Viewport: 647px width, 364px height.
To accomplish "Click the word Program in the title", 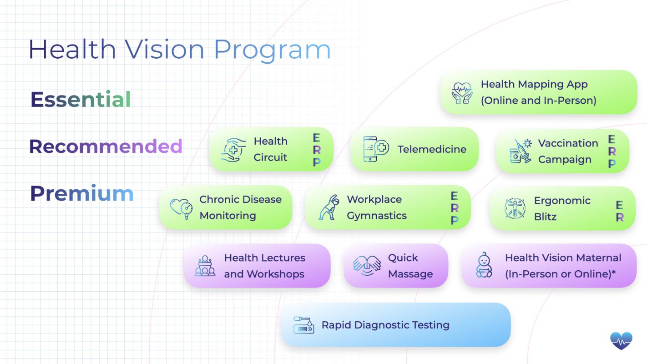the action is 272,50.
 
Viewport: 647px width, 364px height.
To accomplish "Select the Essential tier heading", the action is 81,99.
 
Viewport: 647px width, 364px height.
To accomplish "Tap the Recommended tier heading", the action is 106,146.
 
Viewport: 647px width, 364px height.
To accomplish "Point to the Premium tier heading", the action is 82,193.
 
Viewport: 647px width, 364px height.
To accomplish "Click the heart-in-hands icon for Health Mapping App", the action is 462,93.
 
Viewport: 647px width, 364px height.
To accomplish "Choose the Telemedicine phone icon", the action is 376,149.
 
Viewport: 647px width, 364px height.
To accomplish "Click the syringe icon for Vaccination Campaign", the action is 521,151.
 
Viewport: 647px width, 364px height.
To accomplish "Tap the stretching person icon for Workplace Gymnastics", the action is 329,207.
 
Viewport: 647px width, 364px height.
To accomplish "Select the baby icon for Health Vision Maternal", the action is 484,265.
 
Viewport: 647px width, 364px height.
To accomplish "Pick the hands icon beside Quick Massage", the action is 367,265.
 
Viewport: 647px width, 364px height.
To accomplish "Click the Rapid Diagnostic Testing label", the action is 385,325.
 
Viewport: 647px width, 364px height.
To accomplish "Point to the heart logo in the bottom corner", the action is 622,341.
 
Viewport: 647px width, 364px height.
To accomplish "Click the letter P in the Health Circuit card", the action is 317,162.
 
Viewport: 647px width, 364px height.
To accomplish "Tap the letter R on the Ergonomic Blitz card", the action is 620,217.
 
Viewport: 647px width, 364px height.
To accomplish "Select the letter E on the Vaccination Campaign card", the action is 612,139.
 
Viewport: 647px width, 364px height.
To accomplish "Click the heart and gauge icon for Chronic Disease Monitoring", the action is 182,208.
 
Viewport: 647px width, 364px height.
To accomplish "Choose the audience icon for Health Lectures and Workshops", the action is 205,266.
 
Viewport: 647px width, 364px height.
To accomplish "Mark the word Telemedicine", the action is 432,149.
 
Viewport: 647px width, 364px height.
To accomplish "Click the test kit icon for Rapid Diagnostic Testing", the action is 303,325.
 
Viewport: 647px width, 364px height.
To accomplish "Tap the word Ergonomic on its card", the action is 562,201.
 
